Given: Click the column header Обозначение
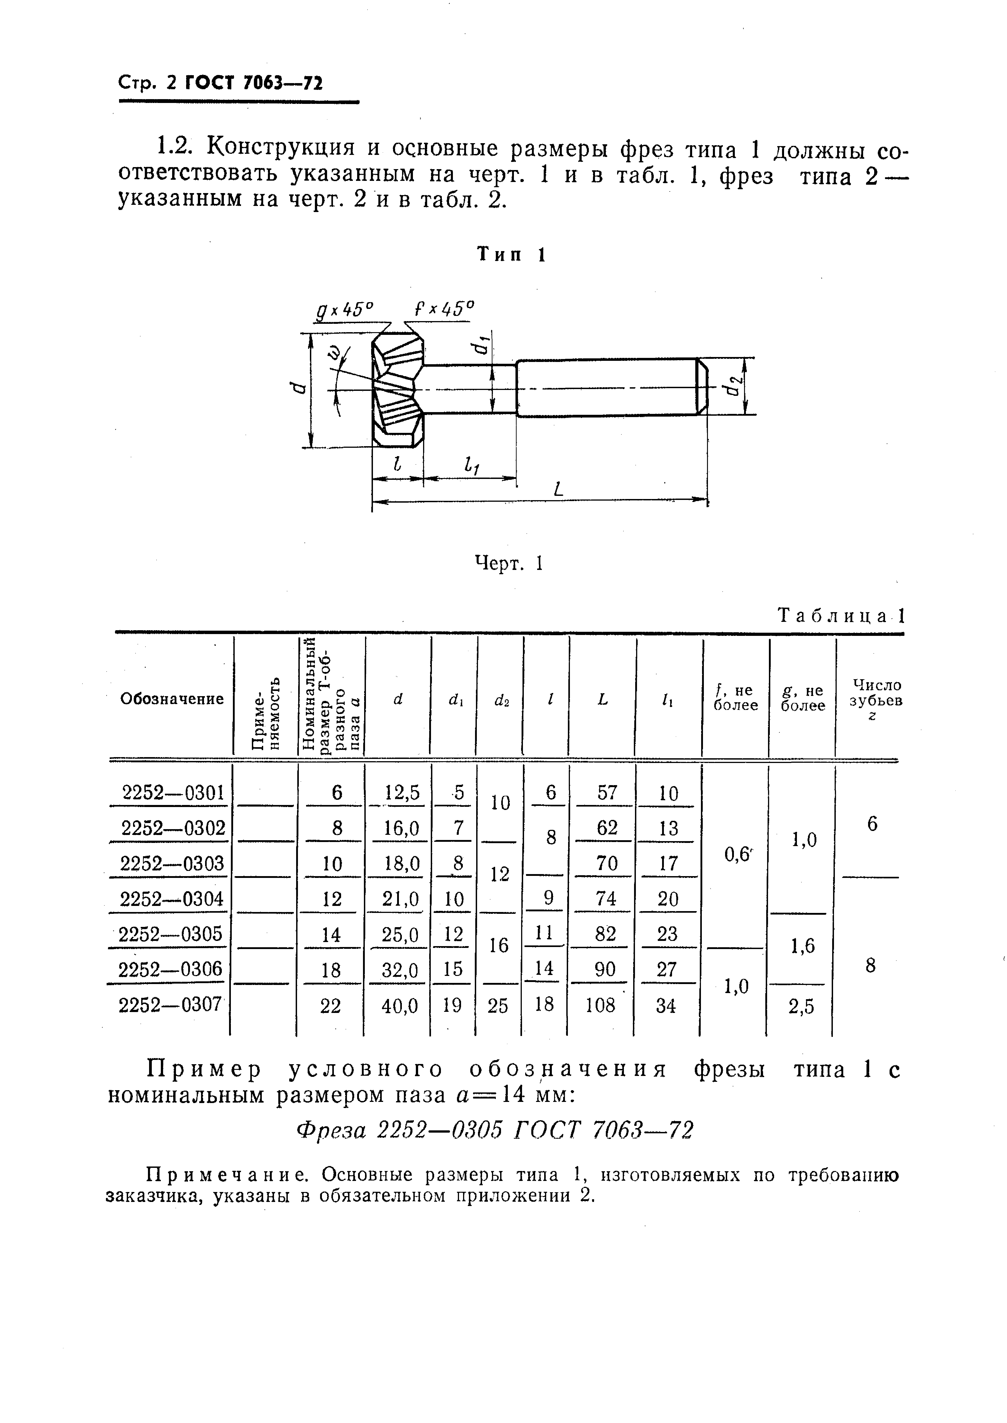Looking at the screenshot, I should [172, 699].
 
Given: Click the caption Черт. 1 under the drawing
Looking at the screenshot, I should [508, 563].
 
